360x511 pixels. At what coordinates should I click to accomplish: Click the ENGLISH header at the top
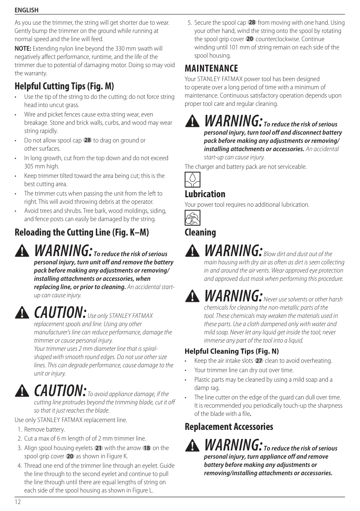click(26, 10)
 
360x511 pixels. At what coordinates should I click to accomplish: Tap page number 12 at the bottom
click(18, 502)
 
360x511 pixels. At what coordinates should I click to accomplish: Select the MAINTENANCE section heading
click(211, 68)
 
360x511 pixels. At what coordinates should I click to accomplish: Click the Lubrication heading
click(205, 194)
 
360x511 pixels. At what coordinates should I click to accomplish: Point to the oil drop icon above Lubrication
click(192, 180)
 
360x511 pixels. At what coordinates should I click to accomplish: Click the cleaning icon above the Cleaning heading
click(192, 218)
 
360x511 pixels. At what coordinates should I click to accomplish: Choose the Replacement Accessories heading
click(229, 427)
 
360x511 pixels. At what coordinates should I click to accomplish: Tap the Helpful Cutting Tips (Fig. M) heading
click(64, 86)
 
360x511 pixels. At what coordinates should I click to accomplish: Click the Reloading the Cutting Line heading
click(81, 232)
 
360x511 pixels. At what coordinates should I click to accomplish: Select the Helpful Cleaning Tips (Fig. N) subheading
click(232, 351)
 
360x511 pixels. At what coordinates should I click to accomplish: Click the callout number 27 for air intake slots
click(259, 361)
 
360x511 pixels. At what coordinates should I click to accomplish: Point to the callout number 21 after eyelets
click(99, 448)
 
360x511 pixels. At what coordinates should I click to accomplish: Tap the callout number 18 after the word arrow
click(146, 448)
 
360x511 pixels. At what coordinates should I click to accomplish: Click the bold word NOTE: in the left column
click(23, 49)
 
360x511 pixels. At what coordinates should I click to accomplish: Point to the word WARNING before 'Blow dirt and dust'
click(233, 250)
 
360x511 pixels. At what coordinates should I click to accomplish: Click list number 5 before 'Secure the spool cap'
click(190, 23)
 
